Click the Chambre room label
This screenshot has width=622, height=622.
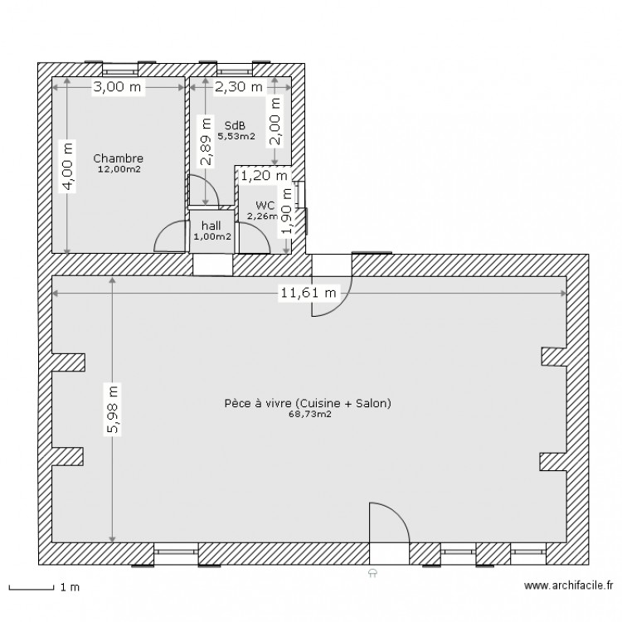point(119,158)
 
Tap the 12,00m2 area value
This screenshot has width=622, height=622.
point(119,169)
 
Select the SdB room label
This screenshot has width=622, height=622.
point(235,126)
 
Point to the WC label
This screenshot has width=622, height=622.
point(265,206)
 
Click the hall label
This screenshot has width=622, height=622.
point(211,226)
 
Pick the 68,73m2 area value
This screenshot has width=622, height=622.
point(310,415)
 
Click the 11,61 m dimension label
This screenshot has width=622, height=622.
point(309,293)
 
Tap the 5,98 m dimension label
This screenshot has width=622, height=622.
point(113,410)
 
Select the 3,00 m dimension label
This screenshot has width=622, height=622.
point(117,86)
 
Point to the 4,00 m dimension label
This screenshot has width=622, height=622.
point(68,166)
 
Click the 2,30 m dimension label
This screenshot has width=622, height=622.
point(239,86)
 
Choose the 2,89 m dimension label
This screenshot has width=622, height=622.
point(206,141)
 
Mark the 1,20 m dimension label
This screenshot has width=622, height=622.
point(265,175)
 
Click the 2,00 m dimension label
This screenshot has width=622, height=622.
point(275,121)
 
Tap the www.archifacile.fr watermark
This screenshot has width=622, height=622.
point(569,586)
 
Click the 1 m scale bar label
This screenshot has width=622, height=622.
point(70,587)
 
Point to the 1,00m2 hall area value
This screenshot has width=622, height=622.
point(212,237)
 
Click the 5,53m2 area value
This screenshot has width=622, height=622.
point(236,136)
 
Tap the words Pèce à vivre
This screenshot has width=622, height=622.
point(259,403)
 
